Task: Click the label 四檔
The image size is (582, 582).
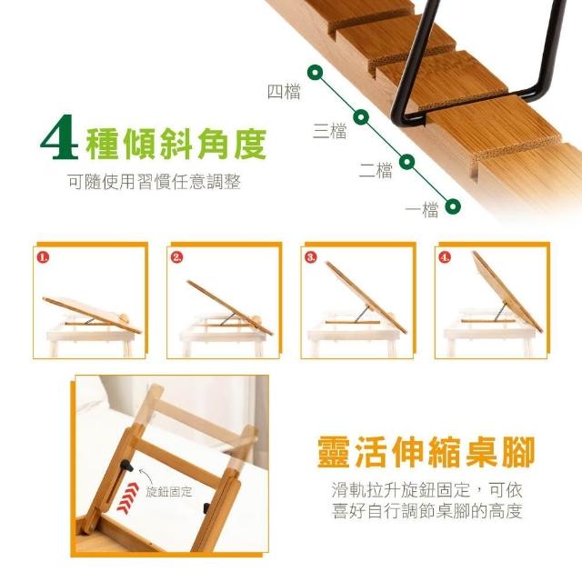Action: [284, 92]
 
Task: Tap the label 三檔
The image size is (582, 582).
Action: [330, 131]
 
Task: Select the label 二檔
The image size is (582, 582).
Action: [376, 171]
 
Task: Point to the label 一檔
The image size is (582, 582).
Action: [422, 210]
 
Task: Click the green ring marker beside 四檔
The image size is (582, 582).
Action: [316, 73]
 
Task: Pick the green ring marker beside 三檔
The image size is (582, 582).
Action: [361, 117]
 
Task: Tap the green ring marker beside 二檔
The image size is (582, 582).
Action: [406, 162]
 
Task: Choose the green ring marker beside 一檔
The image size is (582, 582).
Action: [453, 206]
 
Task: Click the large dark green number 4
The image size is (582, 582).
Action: [60, 137]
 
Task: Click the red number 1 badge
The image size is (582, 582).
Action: [43, 257]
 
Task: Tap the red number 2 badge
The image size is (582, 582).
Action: [177, 257]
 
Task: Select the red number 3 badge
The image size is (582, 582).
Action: [311, 257]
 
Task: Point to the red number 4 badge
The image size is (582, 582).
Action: [445, 257]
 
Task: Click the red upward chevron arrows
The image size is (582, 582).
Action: [127, 498]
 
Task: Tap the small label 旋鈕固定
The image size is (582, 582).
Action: [169, 491]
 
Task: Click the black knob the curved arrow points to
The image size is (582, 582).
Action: [126, 466]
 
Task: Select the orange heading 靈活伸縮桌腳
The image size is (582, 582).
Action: [426, 452]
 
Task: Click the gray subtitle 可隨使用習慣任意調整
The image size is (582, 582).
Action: [155, 182]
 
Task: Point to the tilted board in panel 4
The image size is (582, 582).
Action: [507, 292]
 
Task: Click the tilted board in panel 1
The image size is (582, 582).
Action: [92, 315]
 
